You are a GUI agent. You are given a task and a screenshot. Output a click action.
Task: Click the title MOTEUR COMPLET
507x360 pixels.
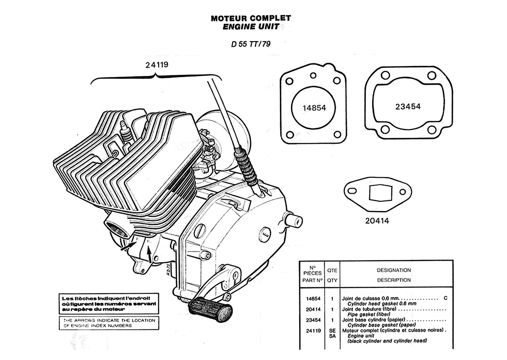251,18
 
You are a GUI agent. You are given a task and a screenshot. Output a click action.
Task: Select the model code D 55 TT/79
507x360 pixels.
251,44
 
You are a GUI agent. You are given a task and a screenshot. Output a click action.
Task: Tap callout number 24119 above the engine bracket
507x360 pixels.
157,64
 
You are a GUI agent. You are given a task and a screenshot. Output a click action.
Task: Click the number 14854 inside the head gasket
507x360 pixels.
314,108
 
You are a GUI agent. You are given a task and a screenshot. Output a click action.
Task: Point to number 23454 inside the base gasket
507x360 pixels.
408,106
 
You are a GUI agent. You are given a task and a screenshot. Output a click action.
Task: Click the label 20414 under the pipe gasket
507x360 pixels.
377,221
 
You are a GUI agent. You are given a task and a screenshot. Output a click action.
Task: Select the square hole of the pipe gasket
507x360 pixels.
379,193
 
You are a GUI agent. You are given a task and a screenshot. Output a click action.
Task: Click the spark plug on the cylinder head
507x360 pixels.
126,132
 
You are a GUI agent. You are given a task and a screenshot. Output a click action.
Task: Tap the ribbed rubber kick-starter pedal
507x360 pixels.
211,307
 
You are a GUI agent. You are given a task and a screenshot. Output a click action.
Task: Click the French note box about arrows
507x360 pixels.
109,304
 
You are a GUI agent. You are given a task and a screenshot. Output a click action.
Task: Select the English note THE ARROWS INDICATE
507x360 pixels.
109,323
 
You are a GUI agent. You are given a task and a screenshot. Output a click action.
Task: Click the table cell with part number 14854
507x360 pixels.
313,298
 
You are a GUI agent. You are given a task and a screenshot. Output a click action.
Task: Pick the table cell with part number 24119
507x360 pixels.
313,331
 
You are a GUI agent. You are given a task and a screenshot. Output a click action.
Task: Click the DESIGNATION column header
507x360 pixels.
394,270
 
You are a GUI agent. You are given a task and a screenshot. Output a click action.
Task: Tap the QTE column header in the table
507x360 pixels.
332,270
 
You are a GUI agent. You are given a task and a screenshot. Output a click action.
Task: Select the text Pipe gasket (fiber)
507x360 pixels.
369,314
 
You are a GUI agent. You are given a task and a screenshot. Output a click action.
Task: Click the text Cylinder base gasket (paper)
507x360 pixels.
382,325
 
